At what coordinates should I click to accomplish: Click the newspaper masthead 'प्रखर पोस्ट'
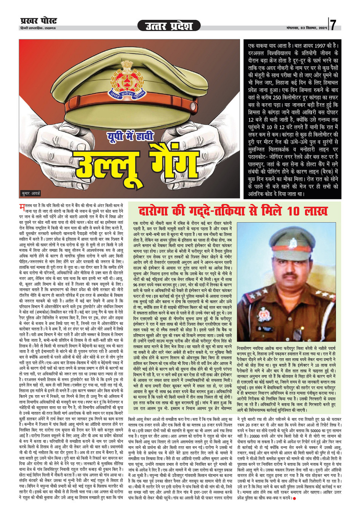pyautogui.click(x=38, y=21)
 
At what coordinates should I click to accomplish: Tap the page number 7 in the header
pyautogui.click(x=333, y=25)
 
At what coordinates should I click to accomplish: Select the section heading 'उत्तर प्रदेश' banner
pyautogui.click(x=169, y=26)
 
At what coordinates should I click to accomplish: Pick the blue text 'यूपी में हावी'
pyautogui.click(x=125, y=136)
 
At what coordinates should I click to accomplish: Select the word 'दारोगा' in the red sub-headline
pyautogui.click(x=153, y=212)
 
